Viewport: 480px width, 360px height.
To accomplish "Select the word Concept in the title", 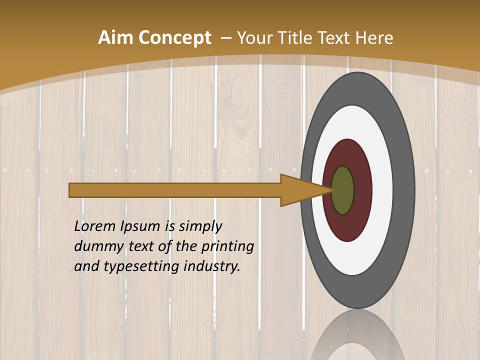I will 175,38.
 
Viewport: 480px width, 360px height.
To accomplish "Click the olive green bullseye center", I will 343,190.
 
